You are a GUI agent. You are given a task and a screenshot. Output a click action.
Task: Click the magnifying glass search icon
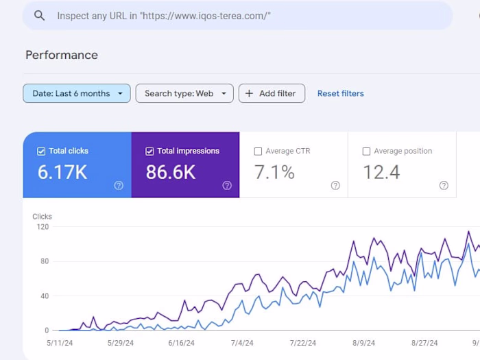(39, 15)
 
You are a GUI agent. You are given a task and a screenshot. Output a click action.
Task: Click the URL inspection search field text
(163, 16)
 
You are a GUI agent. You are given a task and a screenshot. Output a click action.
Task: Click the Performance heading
(62, 55)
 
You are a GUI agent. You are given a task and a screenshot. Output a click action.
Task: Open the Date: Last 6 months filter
(77, 93)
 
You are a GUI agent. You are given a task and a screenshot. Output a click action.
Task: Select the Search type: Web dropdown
(184, 93)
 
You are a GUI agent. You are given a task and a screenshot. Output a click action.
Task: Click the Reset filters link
(340, 93)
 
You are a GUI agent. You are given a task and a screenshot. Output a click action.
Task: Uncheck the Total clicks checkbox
(41, 151)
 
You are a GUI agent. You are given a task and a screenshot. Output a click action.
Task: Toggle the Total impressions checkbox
(149, 151)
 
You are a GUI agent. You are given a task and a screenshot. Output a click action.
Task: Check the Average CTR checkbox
(258, 151)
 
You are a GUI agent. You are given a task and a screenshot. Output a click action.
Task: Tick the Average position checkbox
(366, 151)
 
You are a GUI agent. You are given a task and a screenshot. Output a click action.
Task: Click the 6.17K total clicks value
(62, 172)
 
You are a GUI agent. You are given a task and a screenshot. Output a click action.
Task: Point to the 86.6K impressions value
(171, 172)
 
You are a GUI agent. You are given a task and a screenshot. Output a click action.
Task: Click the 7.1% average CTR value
(274, 172)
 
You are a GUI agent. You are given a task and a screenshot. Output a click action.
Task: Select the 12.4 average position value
(381, 172)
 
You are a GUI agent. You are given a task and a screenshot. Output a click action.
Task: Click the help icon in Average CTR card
(335, 185)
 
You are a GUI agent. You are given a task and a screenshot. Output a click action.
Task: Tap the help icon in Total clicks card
(119, 185)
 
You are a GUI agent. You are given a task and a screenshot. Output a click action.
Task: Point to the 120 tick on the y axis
(43, 227)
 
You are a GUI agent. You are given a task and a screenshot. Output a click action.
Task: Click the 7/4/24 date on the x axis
(242, 343)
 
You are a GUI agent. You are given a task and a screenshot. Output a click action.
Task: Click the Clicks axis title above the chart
(42, 217)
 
